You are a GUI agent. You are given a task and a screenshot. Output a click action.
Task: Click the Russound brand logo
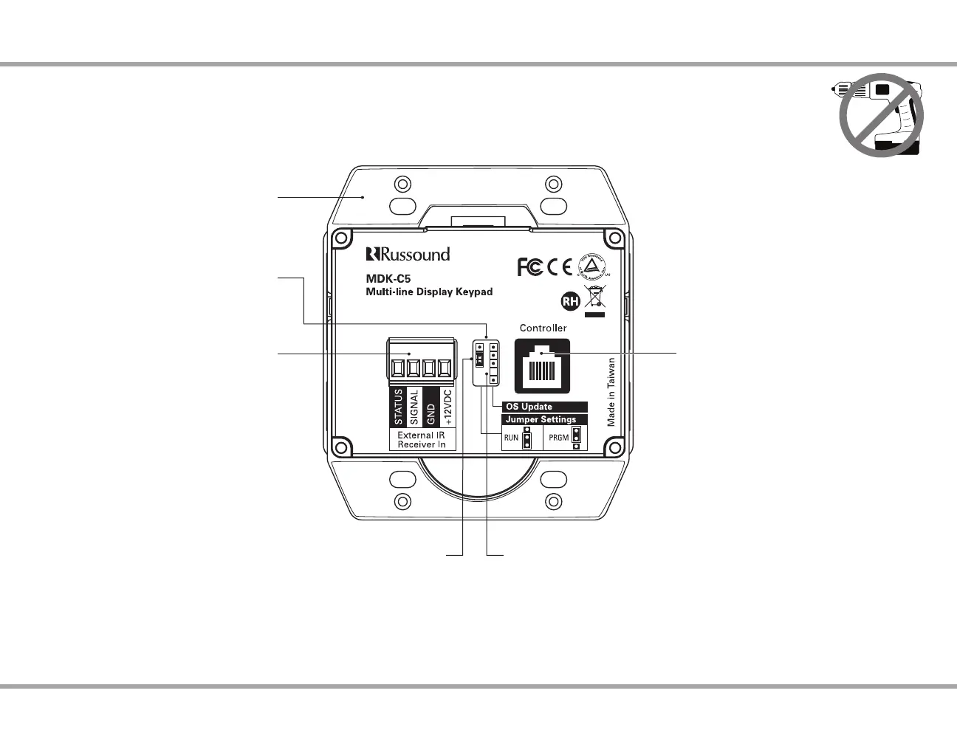point(408,255)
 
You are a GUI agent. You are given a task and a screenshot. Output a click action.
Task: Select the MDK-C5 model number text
point(388,279)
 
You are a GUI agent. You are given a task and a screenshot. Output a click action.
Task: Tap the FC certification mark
point(529,267)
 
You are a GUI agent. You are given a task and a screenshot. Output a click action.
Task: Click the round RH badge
point(570,301)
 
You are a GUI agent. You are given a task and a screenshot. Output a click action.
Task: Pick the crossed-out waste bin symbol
point(594,300)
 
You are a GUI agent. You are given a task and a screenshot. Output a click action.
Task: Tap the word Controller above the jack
point(543,328)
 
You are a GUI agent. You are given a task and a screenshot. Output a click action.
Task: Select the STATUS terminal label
point(398,407)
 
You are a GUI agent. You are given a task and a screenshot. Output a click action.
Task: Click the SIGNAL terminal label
point(414,407)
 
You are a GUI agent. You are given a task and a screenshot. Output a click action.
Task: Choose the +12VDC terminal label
point(447,407)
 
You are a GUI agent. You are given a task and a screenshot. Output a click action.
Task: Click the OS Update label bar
point(544,407)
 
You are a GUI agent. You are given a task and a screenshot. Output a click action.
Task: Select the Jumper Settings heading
point(544,419)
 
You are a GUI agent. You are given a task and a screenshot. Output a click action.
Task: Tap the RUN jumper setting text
point(511,438)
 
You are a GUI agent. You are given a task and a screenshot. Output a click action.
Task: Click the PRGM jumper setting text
point(558,438)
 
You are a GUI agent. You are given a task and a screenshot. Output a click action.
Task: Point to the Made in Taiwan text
point(611,392)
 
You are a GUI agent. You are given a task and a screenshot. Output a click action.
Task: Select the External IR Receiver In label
point(422,440)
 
